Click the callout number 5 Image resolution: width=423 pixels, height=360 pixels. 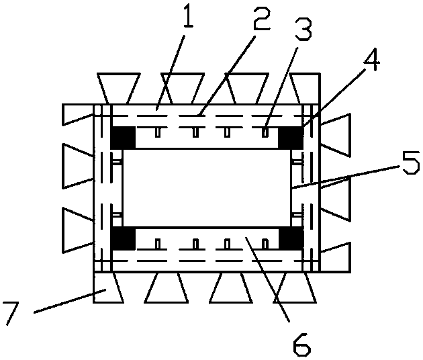click(410, 165)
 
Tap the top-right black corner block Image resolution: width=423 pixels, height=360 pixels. click(291, 138)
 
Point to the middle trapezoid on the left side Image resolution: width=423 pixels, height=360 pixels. click(78, 161)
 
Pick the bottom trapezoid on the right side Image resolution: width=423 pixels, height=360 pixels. click(335, 257)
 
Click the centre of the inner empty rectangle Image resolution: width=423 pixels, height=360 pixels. click(207, 187)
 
